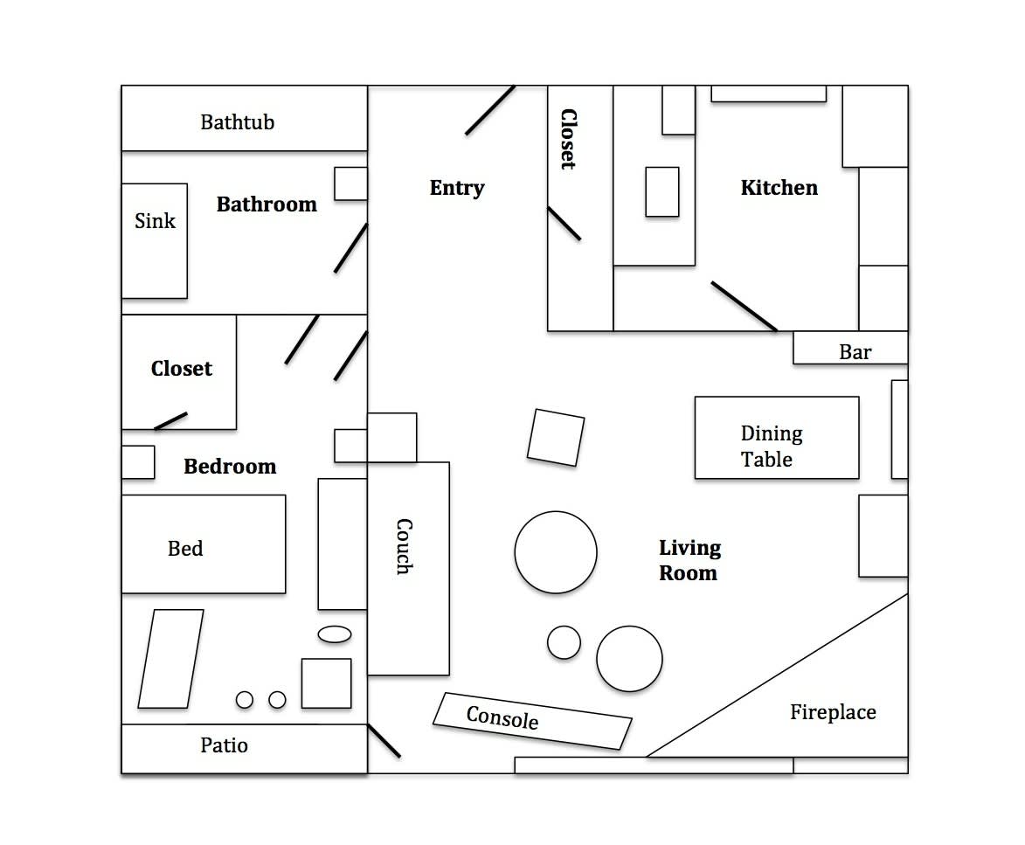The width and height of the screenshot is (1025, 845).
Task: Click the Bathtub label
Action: (238, 122)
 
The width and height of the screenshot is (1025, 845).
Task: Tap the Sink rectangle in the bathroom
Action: (155, 241)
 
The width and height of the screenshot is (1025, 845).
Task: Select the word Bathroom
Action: (267, 204)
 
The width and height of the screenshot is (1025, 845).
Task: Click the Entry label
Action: (457, 188)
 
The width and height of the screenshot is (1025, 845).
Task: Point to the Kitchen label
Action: (779, 188)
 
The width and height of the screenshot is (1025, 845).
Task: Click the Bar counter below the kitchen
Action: (850, 348)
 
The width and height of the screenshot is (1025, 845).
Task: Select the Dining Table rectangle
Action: (777, 438)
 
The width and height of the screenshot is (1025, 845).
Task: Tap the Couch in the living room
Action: (409, 569)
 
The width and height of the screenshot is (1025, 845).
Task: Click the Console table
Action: (532, 721)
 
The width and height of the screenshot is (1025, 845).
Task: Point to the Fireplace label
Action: (833, 711)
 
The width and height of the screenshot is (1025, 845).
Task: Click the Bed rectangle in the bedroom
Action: (204, 544)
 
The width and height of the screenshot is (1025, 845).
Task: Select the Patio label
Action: (225, 745)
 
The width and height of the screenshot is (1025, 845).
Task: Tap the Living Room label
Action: (689, 560)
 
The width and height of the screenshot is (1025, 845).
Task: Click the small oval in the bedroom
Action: (335, 634)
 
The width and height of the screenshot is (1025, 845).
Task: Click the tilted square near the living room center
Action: (556, 438)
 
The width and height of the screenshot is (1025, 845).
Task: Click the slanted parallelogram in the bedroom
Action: (170, 659)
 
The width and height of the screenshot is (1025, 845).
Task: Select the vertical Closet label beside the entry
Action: (569, 139)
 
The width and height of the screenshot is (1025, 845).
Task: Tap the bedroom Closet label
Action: (182, 369)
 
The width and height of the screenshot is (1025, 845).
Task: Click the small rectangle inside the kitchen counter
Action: (662, 192)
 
